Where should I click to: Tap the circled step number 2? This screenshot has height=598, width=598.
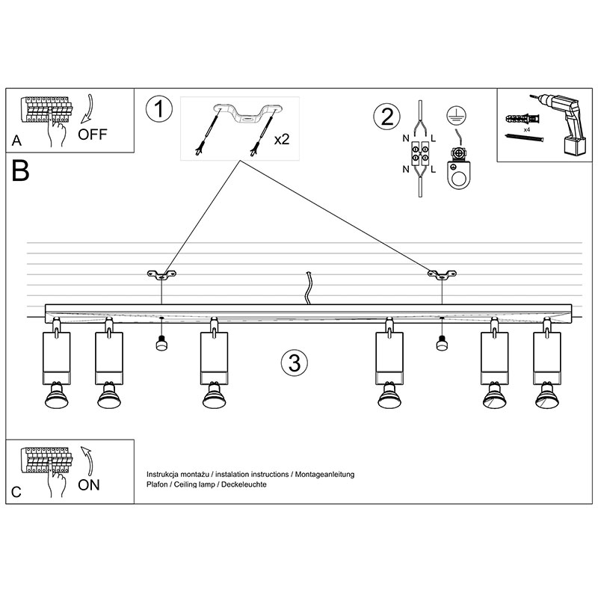386,117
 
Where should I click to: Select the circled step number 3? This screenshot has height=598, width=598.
294,363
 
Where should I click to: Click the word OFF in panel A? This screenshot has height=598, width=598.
93,135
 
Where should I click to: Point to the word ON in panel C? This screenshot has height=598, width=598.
89,484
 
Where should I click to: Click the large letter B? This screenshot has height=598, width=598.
21,171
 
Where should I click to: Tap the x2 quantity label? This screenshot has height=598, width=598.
283,140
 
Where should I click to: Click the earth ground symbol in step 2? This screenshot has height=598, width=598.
452,115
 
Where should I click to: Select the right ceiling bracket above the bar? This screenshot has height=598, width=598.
442,274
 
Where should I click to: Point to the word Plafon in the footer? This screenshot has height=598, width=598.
158,484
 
